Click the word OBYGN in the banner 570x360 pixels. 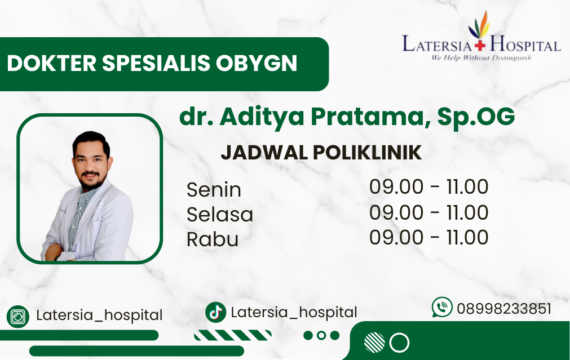click(x=257, y=63)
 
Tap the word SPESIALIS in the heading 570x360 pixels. click(x=156, y=63)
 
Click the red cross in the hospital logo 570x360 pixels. click(x=480, y=46)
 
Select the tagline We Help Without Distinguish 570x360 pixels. click(x=481, y=57)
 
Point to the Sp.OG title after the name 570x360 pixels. click(x=476, y=117)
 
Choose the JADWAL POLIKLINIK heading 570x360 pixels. click(x=321, y=153)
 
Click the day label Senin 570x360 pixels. click(x=214, y=190)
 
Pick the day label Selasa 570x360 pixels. click(x=219, y=214)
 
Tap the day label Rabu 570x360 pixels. click(x=213, y=239)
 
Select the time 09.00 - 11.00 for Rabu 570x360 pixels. click(x=428, y=237)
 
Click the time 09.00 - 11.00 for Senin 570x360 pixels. click(x=428, y=186)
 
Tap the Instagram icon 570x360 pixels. click(x=18, y=317)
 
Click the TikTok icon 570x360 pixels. click(x=215, y=312)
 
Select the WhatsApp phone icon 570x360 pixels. click(x=442, y=308)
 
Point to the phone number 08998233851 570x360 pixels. click(x=504, y=309)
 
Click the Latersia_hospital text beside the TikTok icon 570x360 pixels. click(x=294, y=313)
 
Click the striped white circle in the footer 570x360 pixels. click(x=374, y=342)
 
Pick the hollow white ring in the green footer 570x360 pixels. click(x=399, y=333)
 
